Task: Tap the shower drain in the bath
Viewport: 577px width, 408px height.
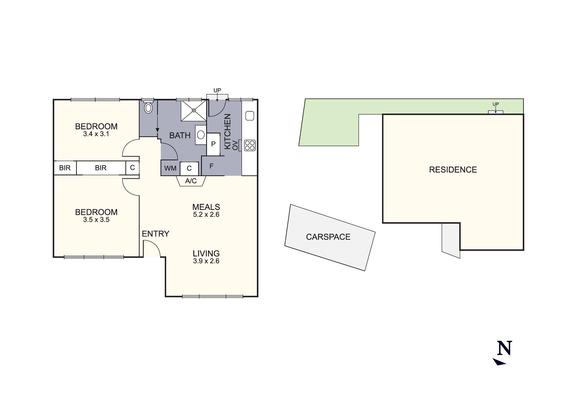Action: click(194, 110)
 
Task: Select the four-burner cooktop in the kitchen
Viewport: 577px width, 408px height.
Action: click(250, 145)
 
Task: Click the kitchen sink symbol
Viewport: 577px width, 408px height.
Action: click(250, 116)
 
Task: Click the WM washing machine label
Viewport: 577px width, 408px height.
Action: click(170, 168)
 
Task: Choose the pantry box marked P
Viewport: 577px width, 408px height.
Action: click(213, 144)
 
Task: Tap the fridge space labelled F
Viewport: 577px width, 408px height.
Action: click(211, 166)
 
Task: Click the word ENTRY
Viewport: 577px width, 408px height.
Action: click(155, 234)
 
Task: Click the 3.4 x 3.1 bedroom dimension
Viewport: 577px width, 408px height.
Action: click(96, 134)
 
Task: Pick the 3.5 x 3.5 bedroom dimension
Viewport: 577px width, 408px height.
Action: click(96, 220)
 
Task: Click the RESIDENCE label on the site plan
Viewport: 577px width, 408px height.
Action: click(453, 170)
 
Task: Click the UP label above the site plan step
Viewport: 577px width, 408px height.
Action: click(496, 104)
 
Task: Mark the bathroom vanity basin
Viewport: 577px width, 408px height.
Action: click(201, 135)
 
